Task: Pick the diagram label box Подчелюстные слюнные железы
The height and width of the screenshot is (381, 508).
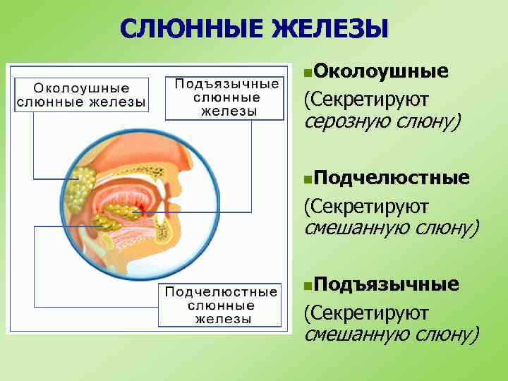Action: point(221,305)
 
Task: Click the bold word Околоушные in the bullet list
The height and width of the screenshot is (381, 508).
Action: point(382,71)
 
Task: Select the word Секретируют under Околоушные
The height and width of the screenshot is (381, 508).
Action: point(366,99)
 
